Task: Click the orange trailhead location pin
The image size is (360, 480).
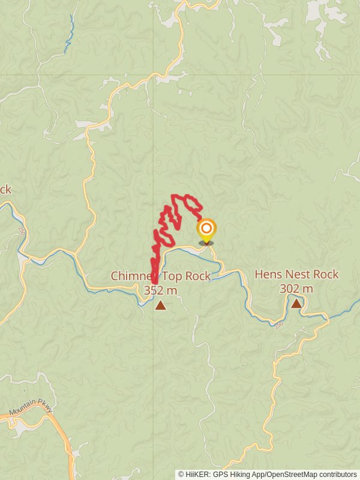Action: click(206, 229)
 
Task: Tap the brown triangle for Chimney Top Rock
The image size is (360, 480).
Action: click(160, 305)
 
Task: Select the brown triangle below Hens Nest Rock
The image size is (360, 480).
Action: click(296, 304)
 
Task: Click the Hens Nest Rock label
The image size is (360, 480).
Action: click(296, 275)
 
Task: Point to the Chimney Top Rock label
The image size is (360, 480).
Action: click(160, 276)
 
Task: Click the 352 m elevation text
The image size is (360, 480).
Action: click(160, 290)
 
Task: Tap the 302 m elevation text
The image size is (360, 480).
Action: click(296, 289)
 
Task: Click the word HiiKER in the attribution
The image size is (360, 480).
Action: click(196, 474)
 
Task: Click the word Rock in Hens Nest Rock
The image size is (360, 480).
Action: click(326, 275)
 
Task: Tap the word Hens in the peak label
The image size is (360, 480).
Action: click(268, 275)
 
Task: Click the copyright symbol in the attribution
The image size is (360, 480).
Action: click(181, 474)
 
